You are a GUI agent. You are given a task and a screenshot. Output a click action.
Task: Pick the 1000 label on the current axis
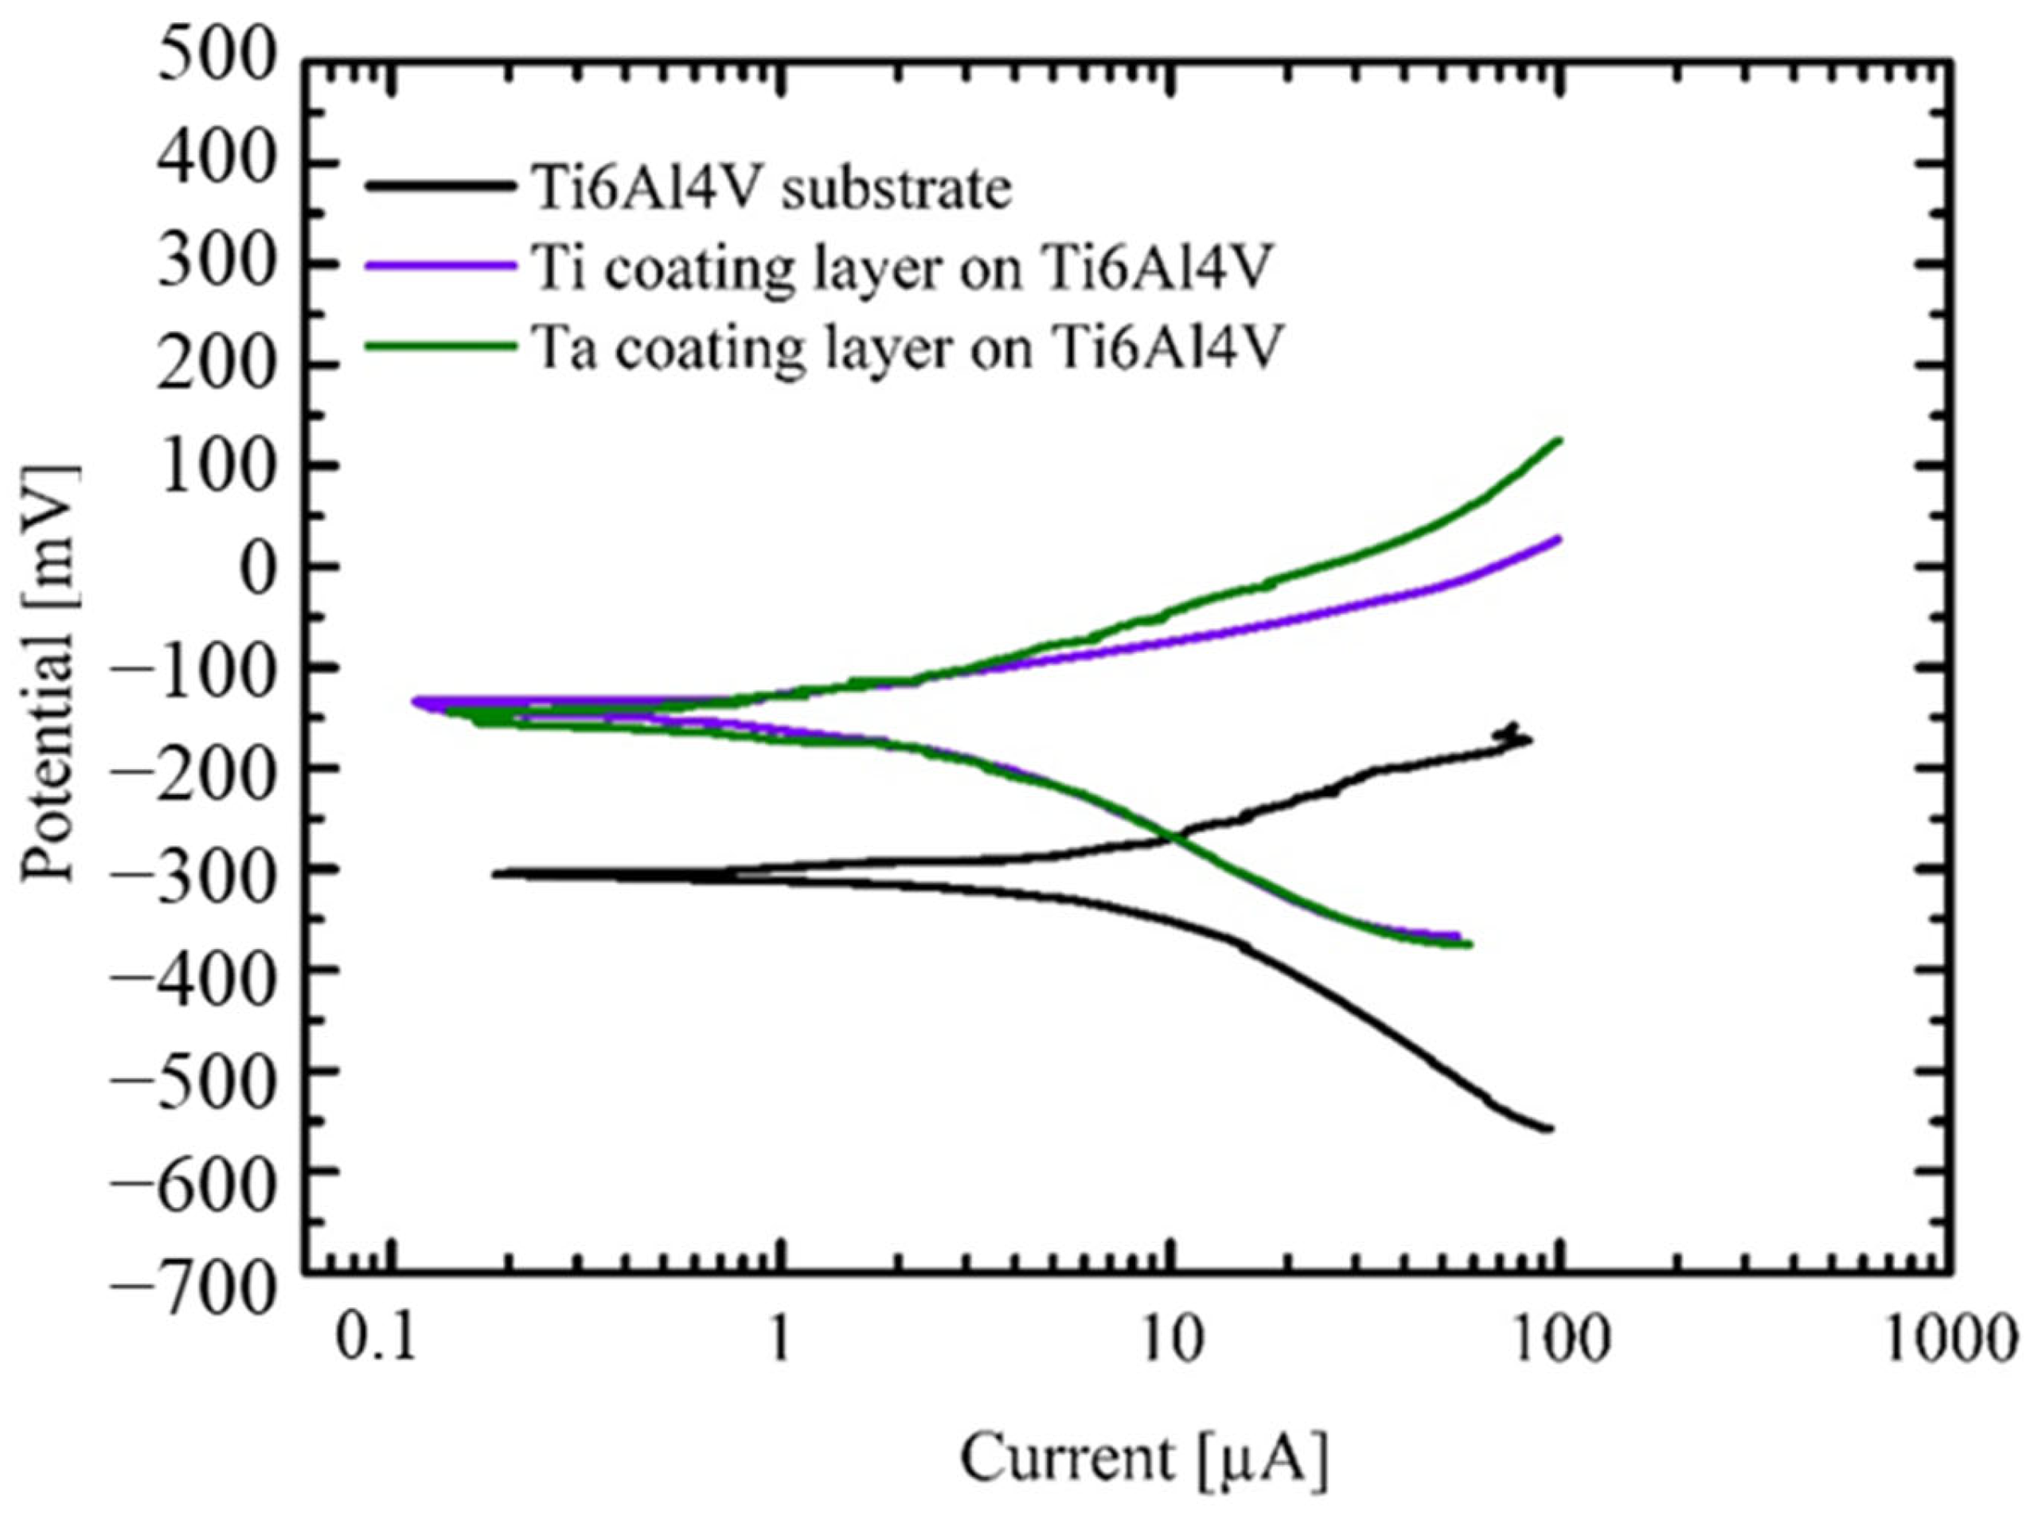[x=1949, y=1341]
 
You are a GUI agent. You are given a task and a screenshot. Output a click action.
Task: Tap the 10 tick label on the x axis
[x=1168, y=1341]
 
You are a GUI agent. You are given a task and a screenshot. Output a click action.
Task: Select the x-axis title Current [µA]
[x=1143, y=1456]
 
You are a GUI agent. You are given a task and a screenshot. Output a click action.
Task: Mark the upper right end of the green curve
[x=1559, y=440]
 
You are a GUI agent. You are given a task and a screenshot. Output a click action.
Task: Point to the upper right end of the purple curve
[x=1559, y=539]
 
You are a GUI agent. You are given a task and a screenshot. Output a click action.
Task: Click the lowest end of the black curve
[x=1550, y=1129]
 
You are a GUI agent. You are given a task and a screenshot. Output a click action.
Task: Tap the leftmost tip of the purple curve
[x=415, y=701]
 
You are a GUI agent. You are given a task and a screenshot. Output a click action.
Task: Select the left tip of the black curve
[x=495, y=873]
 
